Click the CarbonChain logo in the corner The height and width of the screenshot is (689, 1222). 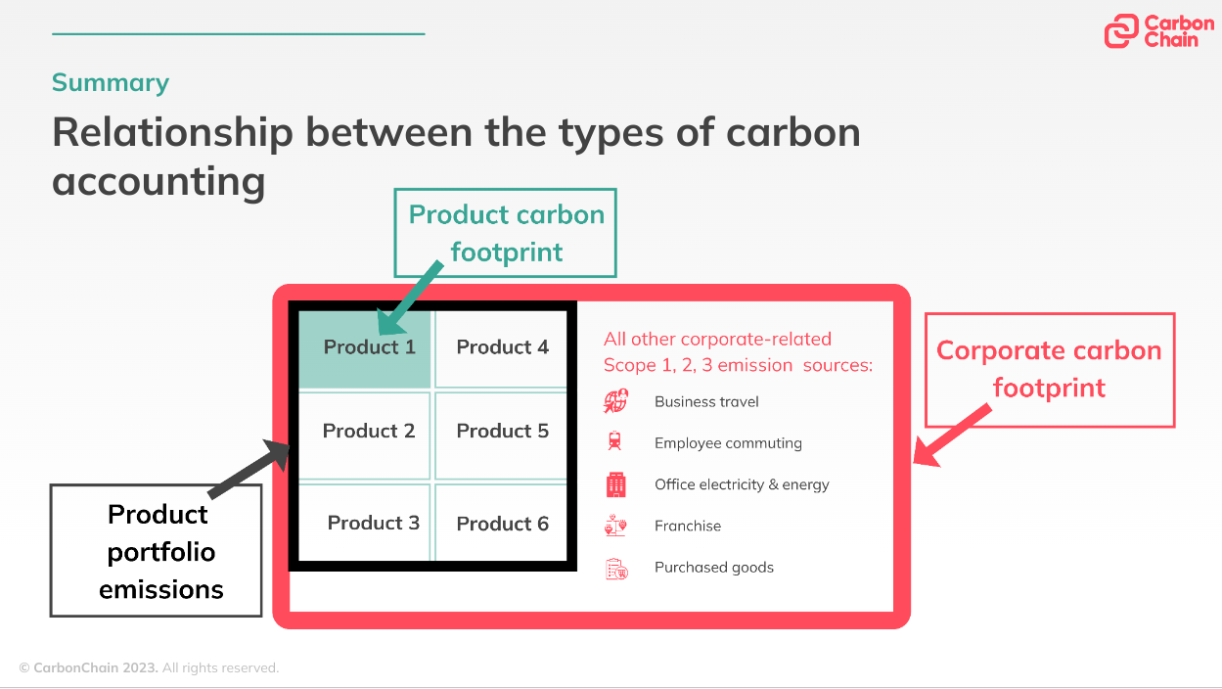tap(1158, 31)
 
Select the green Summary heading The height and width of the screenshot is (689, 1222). tap(111, 83)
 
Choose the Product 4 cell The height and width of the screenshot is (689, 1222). tap(502, 348)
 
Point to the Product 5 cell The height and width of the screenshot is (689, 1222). tap(502, 432)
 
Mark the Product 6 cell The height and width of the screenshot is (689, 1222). tap(502, 524)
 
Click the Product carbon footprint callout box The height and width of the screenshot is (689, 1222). tap(506, 233)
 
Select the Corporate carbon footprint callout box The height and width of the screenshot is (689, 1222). tap(1049, 369)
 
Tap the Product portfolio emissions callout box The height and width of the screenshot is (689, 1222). tap(157, 551)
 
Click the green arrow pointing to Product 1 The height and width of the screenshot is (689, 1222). tap(410, 297)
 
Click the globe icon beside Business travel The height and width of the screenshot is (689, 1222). tap(616, 401)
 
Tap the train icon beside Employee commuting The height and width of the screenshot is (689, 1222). tap(614, 442)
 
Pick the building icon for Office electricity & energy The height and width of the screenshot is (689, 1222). tap(615, 484)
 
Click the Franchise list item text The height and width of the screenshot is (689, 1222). tap(688, 526)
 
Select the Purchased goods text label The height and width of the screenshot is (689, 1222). tap(714, 568)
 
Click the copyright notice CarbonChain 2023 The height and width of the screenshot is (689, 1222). tap(149, 667)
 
